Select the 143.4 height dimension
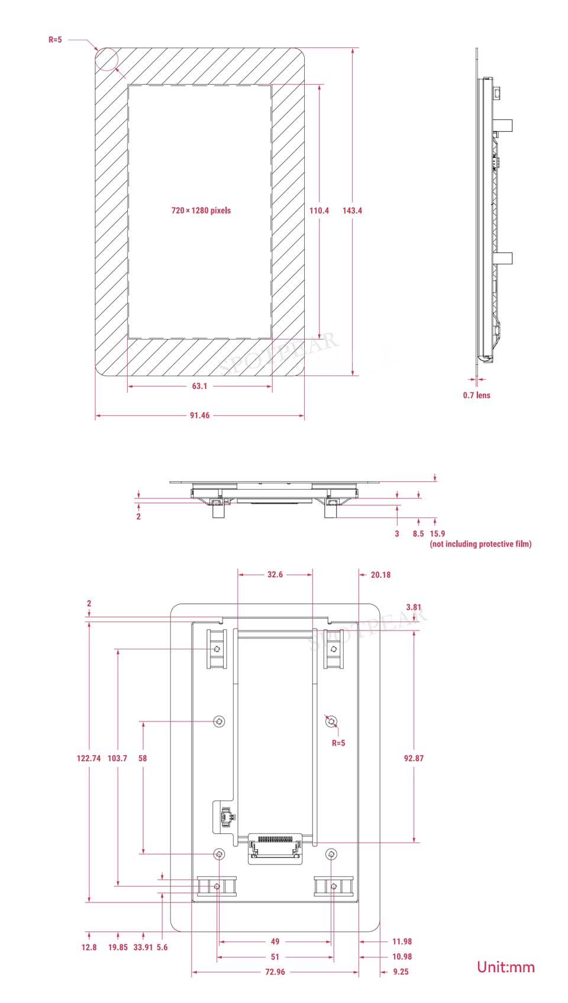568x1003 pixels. (x=352, y=211)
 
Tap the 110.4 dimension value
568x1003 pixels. (x=319, y=211)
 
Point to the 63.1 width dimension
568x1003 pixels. (x=200, y=386)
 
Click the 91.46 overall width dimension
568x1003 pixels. (x=200, y=416)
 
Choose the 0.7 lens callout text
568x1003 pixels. (x=477, y=396)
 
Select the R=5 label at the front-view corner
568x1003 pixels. (x=55, y=40)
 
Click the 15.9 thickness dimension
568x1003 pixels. (x=437, y=534)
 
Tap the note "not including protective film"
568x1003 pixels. (x=480, y=544)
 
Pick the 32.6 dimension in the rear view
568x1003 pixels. (x=275, y=574)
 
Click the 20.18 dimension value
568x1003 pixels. (x=381, y=575)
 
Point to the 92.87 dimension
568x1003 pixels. (x=414, y=758)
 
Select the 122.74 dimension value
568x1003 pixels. (x=89, y=758)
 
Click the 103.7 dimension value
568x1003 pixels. (x=117, y=758)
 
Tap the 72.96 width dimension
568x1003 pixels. (x=275, y=972)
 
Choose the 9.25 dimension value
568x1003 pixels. (x=401, y=972)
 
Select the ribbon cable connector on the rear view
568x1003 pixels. (x=276, y=848)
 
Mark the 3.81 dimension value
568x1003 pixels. (x=414, y=607)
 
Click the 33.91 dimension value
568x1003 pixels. (x=143, y=947)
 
